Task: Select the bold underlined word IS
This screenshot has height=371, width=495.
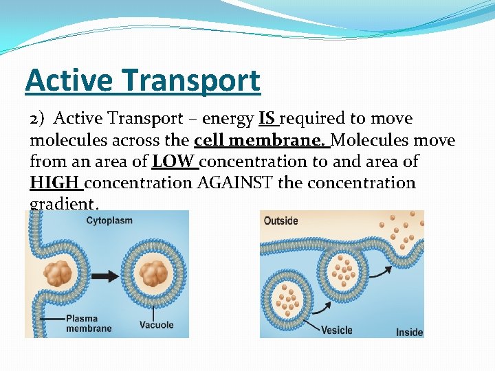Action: click(x=267, y=119)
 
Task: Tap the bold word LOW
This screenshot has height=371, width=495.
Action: click(x=174, y=162)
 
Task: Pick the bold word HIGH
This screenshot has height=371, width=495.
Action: click(x=55, y=183)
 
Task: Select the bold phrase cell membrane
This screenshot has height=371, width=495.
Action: click(x=261, y=141)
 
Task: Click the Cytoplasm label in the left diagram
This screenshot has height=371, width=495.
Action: click(x=109, y=221)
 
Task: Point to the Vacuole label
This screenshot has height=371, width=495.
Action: click(x=156, y=325)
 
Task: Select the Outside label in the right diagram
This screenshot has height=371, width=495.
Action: click(x=281, y=221)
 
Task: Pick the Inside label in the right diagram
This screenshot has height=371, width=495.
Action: click(x=409, y=333)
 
